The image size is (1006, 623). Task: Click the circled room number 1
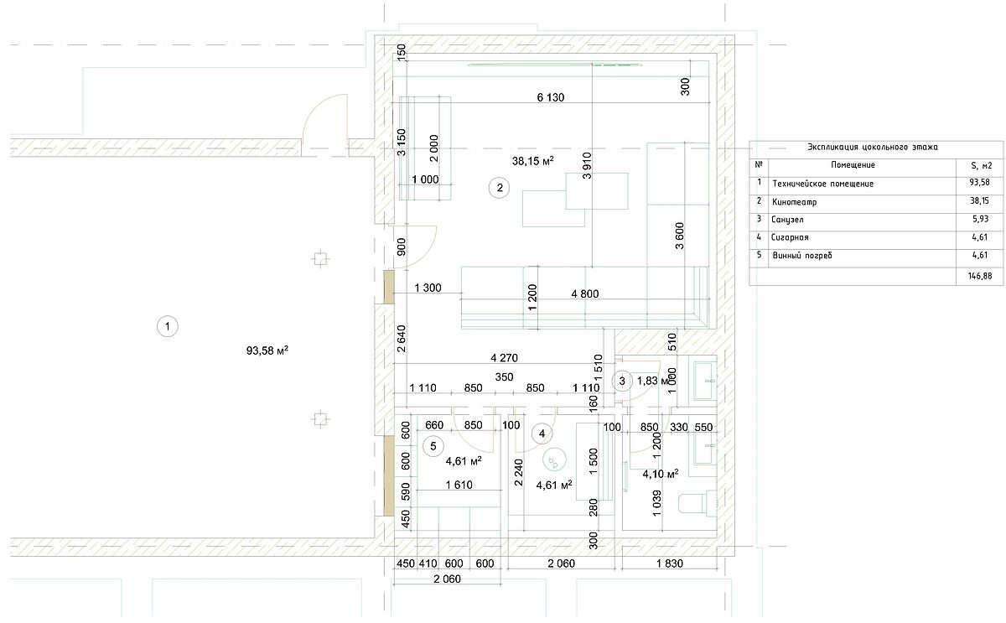[x=168, y=326]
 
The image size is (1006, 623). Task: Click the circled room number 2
[x=499, y=188]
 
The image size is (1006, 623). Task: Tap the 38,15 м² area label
[x=532, y=160]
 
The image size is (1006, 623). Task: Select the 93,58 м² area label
[x=267, y=350]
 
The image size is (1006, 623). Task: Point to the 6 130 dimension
[x=551, y=97]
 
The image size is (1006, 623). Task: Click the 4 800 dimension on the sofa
[x=585, y=293]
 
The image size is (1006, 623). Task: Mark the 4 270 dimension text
[x=504, y=358]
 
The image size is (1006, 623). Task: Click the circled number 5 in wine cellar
[x=433, y=446]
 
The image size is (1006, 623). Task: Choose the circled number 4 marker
[x=542, y=434]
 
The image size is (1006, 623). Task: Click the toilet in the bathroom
[x=696, y=504]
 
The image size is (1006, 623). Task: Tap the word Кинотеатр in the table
[x=794, y=202]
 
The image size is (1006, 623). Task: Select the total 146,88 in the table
[x=980, y=276]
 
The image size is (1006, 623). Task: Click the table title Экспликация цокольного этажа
[x=873, y=147]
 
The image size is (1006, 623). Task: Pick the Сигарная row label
[x=790, y=237]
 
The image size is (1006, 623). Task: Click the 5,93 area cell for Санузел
[x=980, y=219]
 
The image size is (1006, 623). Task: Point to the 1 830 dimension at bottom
[x=669, y=563]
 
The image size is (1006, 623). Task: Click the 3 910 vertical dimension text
[x=587, y=166]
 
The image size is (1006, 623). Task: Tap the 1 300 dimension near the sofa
[x=428, y=288]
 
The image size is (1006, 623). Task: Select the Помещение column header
[x=853, y=165]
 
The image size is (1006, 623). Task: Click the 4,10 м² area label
[x=661, y=474]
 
